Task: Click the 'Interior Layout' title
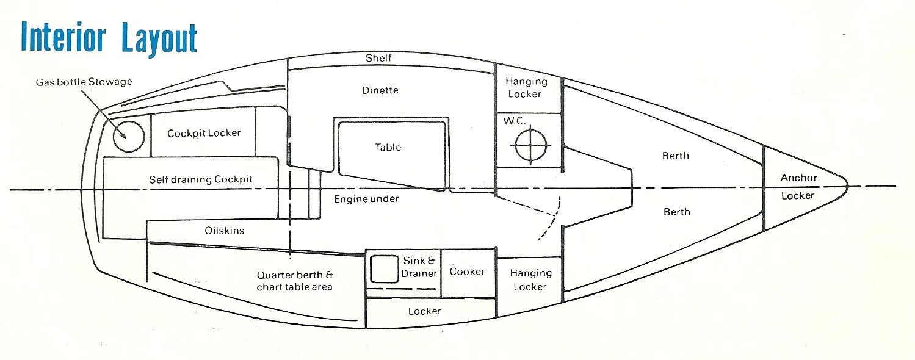coord(109,38)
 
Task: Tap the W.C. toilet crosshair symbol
coord(530,145)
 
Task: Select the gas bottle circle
coord(129,136)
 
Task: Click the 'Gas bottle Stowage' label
coord(84,82)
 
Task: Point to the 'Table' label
coord(388,147)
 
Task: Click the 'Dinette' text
coord(380,90)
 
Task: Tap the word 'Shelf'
coord(378,58)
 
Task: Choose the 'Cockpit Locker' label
coord(204,133)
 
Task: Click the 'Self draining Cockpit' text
coord(201,179)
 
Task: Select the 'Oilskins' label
coord(224,231)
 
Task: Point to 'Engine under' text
coord(366,199)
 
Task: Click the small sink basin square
coord(384,269)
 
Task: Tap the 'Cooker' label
coord(467,272)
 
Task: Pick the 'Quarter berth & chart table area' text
coord(294,281)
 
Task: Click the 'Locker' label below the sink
coord(424,311)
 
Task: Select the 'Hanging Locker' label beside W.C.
coord(526,87)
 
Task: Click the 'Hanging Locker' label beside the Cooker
coord(530,279)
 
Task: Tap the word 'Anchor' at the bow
coord(798,178)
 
